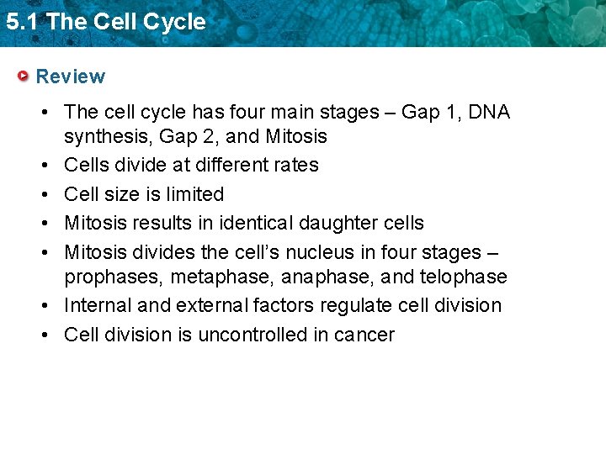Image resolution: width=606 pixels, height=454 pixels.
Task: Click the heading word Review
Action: (71, 77)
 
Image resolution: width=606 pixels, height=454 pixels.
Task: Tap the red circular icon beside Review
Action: (24, 77)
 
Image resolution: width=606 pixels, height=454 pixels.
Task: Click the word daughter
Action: (329, 223)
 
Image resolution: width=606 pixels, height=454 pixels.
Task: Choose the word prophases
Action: (114, 277)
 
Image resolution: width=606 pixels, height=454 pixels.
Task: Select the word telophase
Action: (465, 277)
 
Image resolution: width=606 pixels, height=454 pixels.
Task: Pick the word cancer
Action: (364, 335)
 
